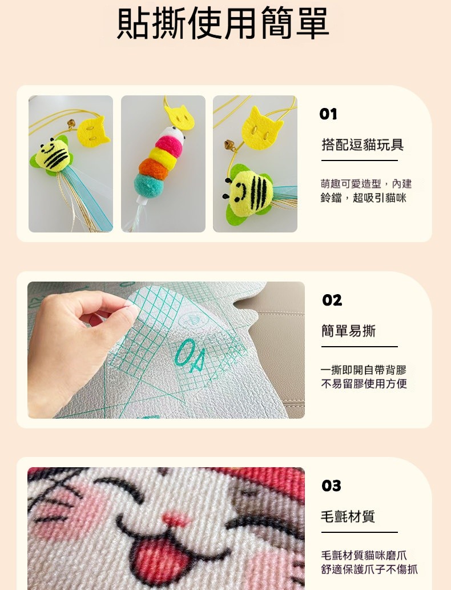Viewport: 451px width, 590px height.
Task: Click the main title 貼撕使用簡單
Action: coord(223,23)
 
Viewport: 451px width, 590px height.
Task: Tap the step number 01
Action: coord(328,114)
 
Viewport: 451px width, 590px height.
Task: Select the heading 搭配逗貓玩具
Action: coord(363,145)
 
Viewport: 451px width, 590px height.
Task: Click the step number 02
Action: coord(332,300)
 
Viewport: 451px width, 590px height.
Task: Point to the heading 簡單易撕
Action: coord(348,331)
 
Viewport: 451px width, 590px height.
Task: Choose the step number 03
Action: coord(331,486)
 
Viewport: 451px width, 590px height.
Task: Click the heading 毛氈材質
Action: coord(348,516)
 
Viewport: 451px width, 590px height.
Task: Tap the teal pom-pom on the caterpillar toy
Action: coord(151,184)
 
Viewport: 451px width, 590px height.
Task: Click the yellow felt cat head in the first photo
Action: coord(93,131)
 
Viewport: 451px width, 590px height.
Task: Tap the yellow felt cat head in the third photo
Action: coord(262,129)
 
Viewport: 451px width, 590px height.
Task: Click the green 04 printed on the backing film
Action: coord(190,355)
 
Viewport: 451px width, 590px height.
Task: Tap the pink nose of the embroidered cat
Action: coord(177,520)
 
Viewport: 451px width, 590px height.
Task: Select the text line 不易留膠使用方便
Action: coord(364,384)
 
